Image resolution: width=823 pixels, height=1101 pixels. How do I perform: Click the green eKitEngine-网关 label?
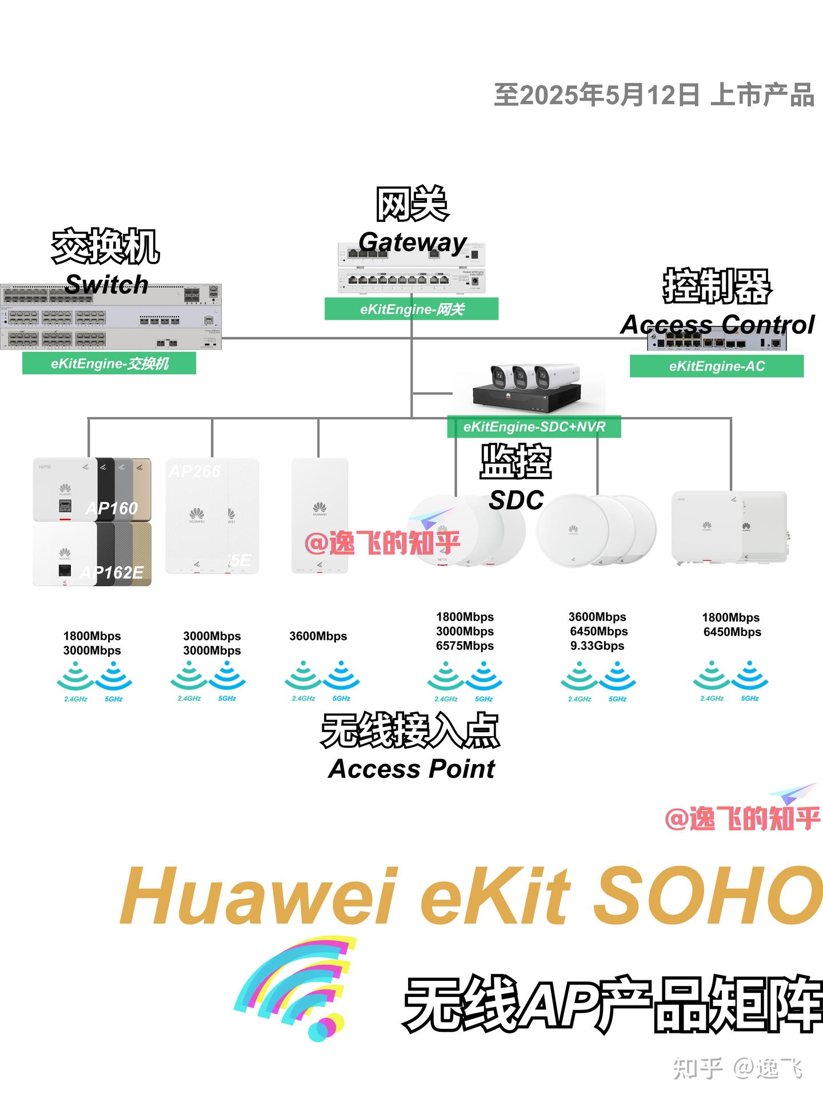click(x=411, y=309)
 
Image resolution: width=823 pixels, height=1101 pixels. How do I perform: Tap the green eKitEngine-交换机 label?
click(x=109, y=364)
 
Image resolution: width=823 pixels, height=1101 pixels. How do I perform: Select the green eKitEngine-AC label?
click(x=717, y=366)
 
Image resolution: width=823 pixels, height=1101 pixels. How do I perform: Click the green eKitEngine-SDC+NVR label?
click(x=534, y=427)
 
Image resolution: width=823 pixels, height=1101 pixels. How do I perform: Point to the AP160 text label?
click(x=112, y=508)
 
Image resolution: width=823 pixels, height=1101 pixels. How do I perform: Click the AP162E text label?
click(x=112, y=572)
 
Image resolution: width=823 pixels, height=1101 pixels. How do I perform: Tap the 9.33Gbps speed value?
click(x=597, y=646)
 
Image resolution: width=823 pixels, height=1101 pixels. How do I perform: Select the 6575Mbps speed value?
click(x=465, y=646)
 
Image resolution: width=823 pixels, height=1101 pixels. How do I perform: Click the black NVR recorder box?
click(x=526, y=397)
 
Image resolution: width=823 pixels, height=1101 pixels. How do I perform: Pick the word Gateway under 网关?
click(x=413, y=243)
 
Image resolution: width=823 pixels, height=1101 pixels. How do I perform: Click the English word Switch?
click(x=107, y=284)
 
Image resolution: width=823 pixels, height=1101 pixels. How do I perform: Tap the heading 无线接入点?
click(x=410, y=731)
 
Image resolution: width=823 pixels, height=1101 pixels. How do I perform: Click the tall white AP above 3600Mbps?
click(x=319, y=515)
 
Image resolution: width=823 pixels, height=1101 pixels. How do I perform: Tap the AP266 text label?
click(x=194, y=471)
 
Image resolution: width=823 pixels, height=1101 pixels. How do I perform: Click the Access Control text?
click(x=717, y=325)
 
